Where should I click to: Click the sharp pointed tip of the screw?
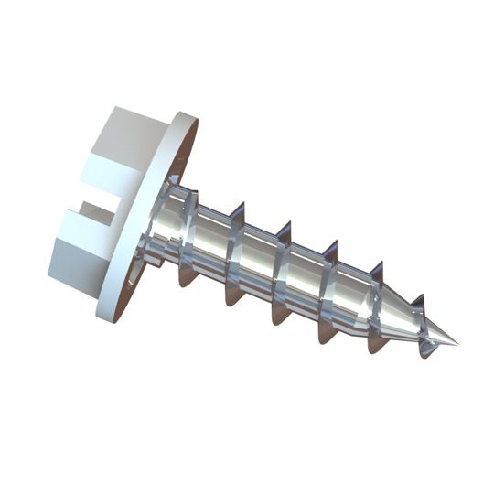(x=455, y=346)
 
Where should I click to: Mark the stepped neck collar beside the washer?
(x=165, y=224)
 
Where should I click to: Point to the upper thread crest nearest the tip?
(x=418, y=302)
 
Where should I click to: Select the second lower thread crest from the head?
(x=232, y=297)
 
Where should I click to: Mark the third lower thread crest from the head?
(x=278, y=317)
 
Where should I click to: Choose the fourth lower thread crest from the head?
(x=326, y=335)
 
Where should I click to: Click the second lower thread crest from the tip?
(x=375, y=346)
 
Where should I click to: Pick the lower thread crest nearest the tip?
(x=424, y=352)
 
